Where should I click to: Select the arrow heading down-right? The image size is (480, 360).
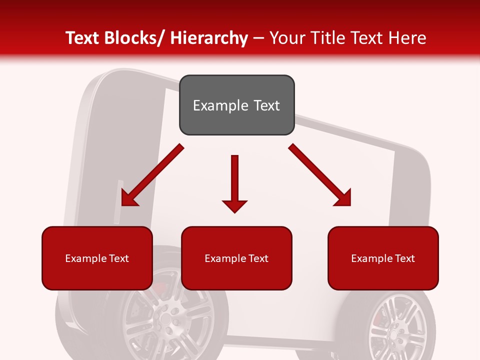[320, 175]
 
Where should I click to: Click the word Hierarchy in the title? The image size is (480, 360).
[209, 38]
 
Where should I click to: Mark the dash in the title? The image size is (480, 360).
[258, 38]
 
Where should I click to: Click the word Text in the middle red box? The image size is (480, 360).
[257, 258]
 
